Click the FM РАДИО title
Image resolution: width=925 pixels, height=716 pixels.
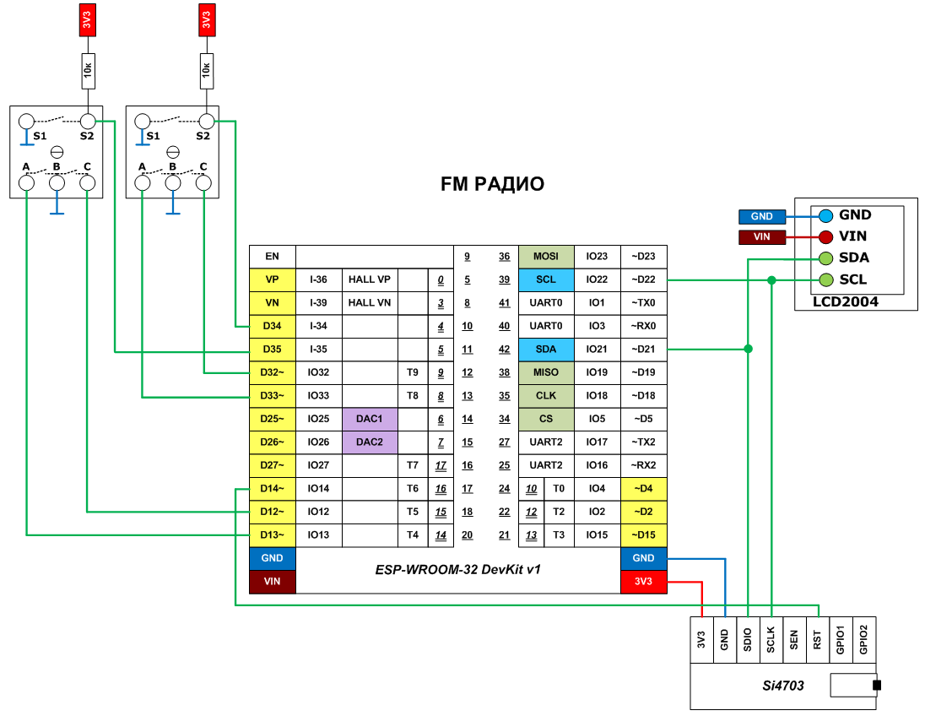[x=493, y=183]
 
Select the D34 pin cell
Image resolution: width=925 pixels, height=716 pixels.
[x=272, y=326]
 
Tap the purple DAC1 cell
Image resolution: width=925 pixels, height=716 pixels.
[x=370, y=419]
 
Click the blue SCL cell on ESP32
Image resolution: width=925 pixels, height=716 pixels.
[x=546, y=279]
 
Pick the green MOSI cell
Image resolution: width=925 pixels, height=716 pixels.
[x=546, y=256]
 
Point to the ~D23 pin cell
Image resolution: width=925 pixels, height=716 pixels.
[x=644, y=256]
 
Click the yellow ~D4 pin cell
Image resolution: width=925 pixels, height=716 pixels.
[x=644, y=488]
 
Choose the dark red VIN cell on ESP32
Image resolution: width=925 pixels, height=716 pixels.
[x=272, y=581]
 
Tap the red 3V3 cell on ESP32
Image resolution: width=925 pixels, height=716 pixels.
[x=643, y=581]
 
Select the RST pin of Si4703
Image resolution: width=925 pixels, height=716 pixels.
[x=817, y=641]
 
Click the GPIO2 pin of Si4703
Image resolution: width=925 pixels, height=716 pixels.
[x=863, y=641]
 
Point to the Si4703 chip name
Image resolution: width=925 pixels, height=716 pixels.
[x=778, y=686]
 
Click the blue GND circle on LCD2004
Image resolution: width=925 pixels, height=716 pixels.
[x=825, y=215]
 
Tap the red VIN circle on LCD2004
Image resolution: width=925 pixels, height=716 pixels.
[x=825, y=236]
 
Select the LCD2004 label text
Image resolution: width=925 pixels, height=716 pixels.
[x=845, y=301]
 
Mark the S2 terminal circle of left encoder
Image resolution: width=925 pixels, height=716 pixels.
[x=88, y=122]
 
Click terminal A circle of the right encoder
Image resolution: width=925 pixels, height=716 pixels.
[x=142, y=182]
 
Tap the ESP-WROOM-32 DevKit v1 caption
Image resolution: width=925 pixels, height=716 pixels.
[x=457, y=570]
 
